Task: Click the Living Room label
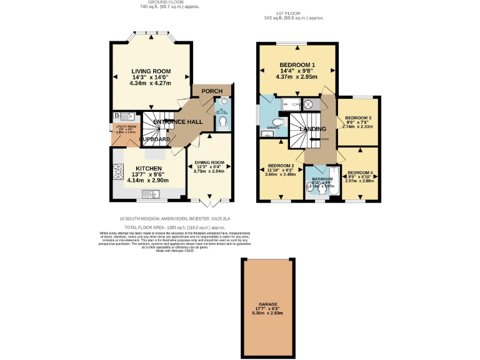point(151,71)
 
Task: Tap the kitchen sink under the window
point(152,194)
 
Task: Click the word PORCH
point(212,92)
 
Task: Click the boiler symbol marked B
point(117,116)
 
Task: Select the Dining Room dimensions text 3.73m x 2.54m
point(209,171)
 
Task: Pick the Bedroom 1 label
point(297,66)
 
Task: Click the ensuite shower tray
point(291,104)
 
